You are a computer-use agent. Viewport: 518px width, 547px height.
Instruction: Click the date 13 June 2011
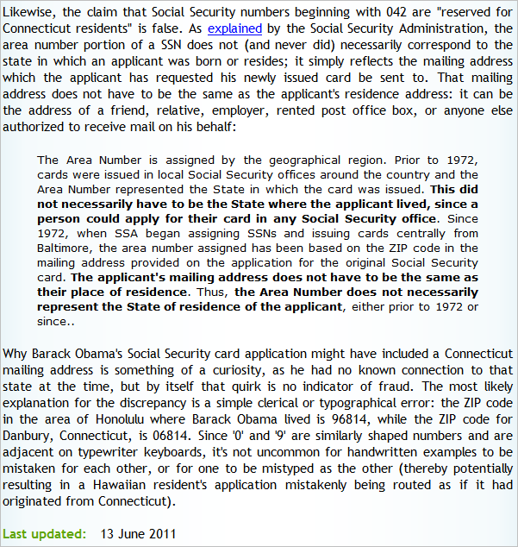click(138, 533)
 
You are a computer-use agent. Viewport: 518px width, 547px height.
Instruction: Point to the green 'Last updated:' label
click(44, 533)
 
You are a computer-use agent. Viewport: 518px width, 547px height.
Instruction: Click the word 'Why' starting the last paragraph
click(16, 355)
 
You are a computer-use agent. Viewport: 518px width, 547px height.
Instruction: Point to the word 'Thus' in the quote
click(212, 292)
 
